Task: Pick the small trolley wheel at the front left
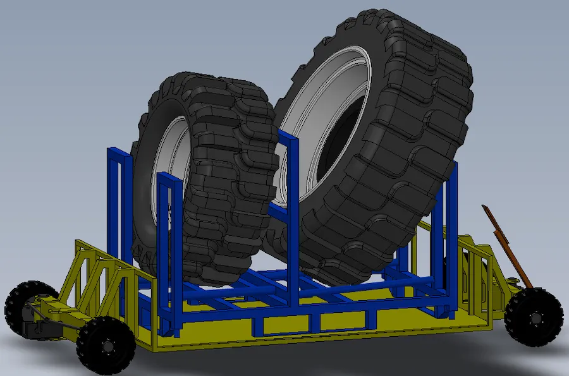coord(105,344)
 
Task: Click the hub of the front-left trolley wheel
coord(106,346)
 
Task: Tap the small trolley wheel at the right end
coord(534,316)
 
